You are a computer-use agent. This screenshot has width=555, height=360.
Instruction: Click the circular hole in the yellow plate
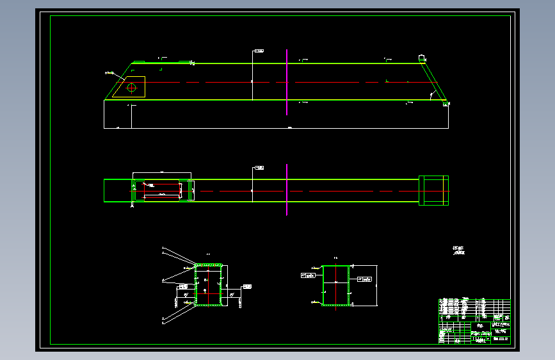[x=132, y=88]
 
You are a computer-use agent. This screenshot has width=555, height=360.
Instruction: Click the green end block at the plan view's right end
[x=433, y=190]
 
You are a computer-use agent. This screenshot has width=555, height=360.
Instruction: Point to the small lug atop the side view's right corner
[x=422, y=58]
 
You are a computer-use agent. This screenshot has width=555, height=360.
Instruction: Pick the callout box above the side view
[x=259, y=50]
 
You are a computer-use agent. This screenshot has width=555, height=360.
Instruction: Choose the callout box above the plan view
[x=259, y=168]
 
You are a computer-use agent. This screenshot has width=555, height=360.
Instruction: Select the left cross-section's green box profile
[x=209, y=285]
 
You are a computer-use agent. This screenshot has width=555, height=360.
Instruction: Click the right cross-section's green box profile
[x=336, y=285]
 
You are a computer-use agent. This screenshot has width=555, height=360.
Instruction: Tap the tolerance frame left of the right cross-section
[x=308, y=275]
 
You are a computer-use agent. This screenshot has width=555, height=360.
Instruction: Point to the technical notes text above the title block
[x=458, y=250]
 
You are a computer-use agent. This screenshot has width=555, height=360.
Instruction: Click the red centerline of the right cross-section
[x=335, y=282]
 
